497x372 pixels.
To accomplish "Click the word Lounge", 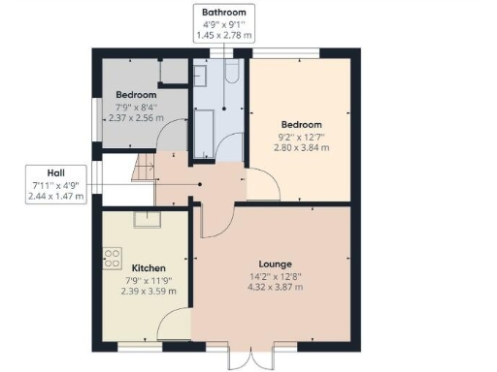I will click(276, 264).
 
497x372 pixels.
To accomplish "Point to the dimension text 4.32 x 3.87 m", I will click(276, 288).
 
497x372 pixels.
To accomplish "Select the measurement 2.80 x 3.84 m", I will click(301, 148).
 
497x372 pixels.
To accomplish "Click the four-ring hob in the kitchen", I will click(111, 258).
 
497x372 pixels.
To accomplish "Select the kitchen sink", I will click(154, 217).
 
